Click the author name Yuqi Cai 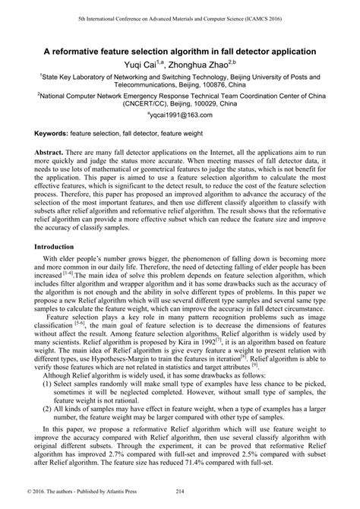pyautogui.click(x=139, y=67)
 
